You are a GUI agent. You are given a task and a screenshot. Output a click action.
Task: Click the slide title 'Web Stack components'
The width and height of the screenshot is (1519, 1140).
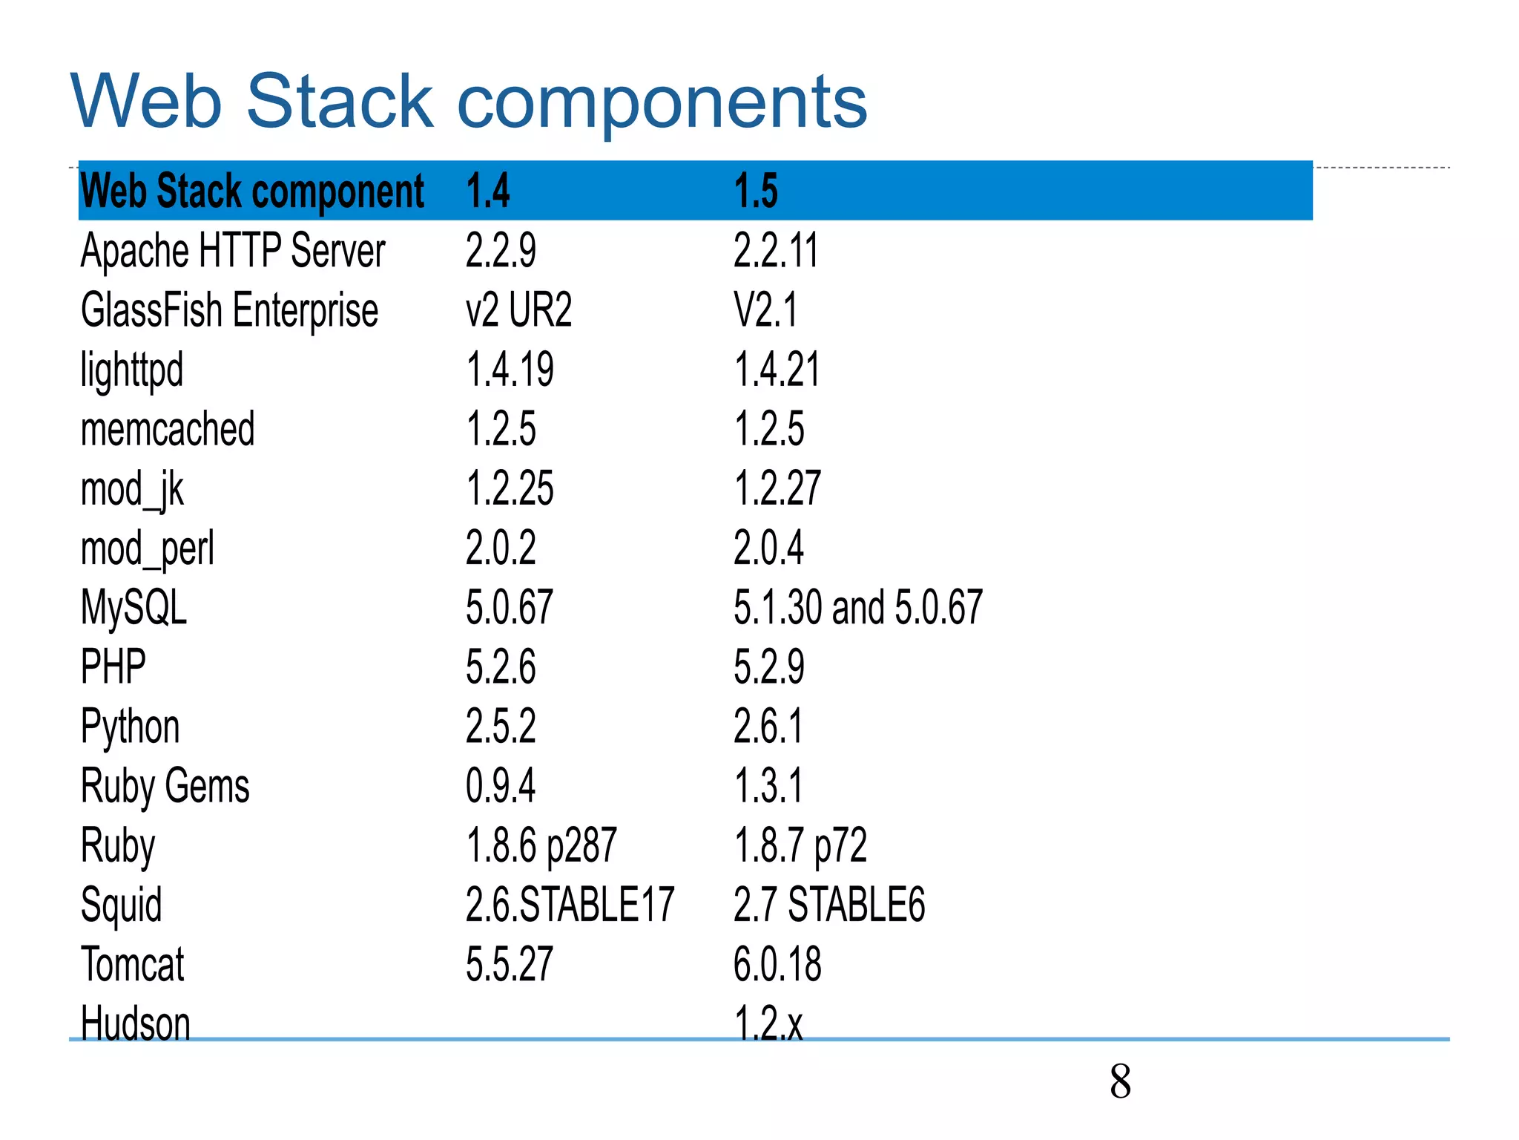point(469,101)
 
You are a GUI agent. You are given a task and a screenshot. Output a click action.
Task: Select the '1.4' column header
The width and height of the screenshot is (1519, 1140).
point(488,191)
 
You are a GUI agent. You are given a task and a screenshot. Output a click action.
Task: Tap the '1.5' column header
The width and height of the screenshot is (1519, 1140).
point(756,191)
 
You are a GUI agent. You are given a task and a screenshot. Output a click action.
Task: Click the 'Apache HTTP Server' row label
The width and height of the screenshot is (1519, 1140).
point(233,251)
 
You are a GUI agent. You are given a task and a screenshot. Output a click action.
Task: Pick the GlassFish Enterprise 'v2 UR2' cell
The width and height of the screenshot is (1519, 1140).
point(518,310)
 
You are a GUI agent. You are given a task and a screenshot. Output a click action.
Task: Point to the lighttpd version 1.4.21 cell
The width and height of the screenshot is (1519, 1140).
point(777,370)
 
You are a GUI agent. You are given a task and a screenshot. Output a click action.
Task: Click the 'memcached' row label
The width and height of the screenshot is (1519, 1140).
point(168,430)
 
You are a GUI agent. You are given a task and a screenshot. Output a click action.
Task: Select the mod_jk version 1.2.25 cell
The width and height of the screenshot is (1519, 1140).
point(510,489)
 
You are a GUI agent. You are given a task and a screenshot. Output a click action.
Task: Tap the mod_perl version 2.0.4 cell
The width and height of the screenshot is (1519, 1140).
point(768,548)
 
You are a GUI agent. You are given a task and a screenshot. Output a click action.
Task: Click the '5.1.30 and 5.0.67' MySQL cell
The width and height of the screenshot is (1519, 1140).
point(858,608)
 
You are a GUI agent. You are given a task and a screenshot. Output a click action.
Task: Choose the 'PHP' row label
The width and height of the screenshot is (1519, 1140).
point(113,667)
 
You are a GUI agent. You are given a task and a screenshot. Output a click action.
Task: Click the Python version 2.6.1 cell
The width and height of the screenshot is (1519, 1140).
point(768,727)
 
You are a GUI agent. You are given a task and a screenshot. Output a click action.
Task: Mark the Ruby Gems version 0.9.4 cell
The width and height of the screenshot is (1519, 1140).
point(501,786)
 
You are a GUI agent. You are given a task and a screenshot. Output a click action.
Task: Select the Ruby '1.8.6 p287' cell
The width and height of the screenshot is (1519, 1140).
point(541,845)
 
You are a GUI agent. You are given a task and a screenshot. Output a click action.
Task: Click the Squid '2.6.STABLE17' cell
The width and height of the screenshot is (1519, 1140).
point(570,905)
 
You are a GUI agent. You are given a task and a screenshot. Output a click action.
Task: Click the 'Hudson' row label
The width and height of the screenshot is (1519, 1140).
point(136,1023)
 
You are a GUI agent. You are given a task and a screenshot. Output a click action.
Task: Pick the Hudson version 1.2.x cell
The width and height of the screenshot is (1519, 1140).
point(768,1023)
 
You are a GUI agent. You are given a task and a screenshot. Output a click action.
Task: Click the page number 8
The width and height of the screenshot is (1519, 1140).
point(1120,1082)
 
